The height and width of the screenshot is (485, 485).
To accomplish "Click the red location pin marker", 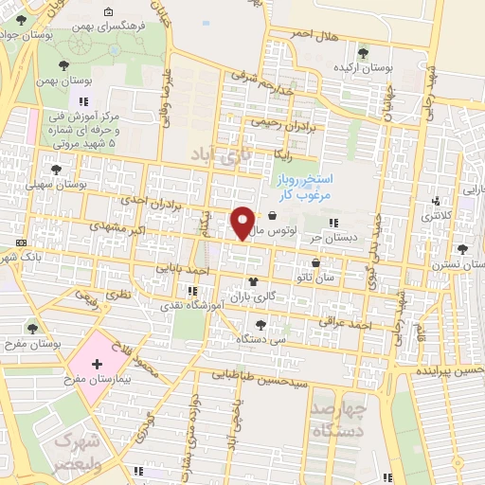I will click(243, 222).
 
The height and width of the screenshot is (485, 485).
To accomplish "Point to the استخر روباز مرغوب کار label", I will click(304, 186).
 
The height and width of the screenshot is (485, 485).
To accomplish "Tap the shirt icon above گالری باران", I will click(253, 281).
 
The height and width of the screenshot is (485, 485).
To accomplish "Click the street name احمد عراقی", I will click(344, 324).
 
